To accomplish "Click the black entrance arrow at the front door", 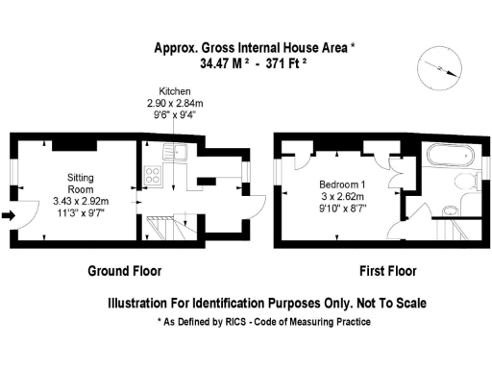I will click(11, 215).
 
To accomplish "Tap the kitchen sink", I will click(175, 151).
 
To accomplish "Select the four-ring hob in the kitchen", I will click(152, 175).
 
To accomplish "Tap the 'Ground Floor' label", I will click(124, 270).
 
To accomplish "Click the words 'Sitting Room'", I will click(81, 184).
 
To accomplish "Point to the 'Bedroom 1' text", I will click(342, 183).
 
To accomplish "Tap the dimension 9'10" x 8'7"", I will click(342, 207).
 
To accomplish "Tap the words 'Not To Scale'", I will click(383, 302).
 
